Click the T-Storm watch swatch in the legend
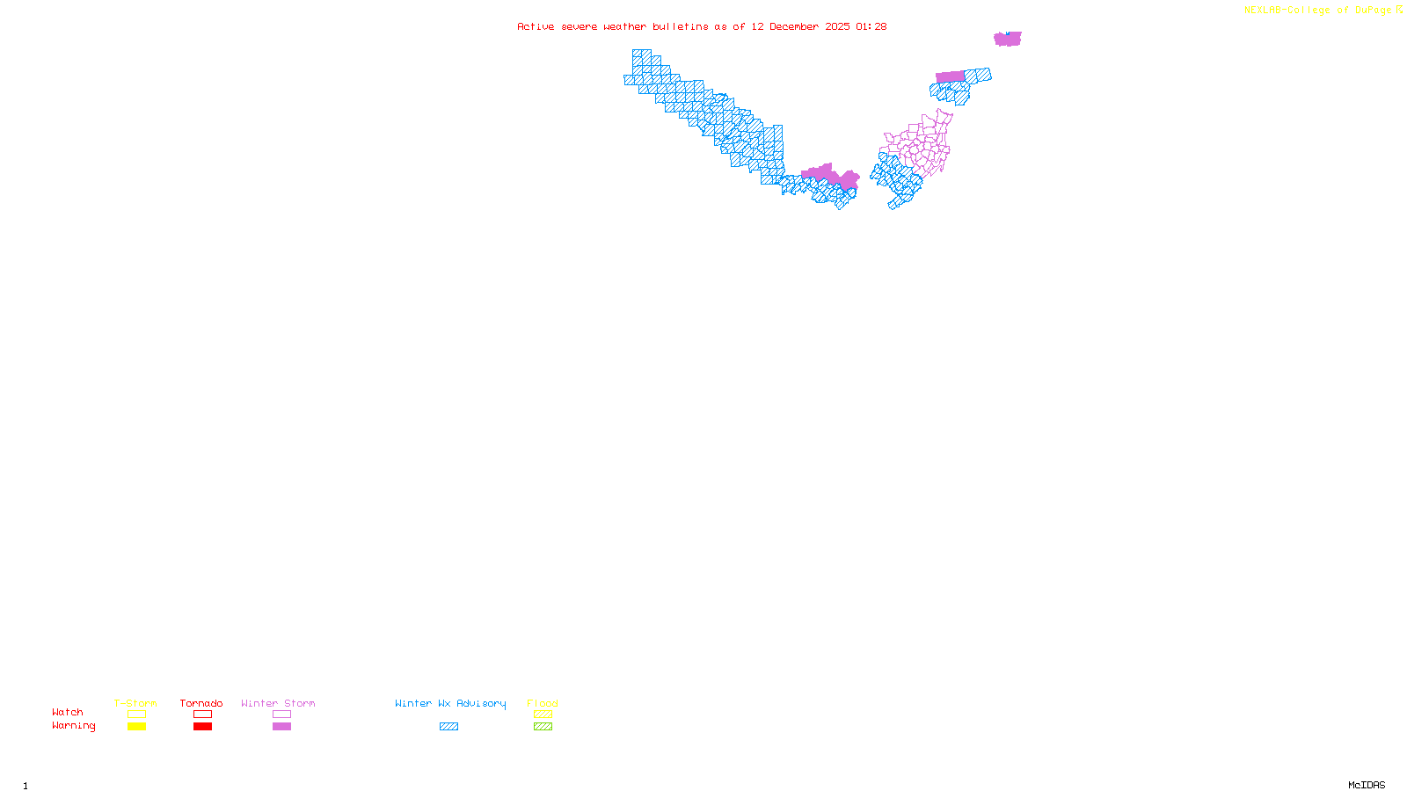(x=136, y=715)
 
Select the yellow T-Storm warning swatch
(x=136, y=727)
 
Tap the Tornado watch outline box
(x=202, y=715)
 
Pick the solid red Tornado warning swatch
(x=202, y=727)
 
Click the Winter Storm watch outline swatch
(x=281, y=715)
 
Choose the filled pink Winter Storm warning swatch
(x=281, y=727)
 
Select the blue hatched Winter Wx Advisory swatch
(x=448, y=727)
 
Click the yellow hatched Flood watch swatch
(x=543, y=715)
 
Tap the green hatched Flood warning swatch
(x=543, y=727)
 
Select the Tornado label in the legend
(x=201, y=703)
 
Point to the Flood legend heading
(x=543, y=703)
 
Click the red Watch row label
(x=68, y=713)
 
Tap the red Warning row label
(x=74, y=726)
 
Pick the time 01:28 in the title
(x=871, y=26)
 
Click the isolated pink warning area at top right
(x=1007, y=39)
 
